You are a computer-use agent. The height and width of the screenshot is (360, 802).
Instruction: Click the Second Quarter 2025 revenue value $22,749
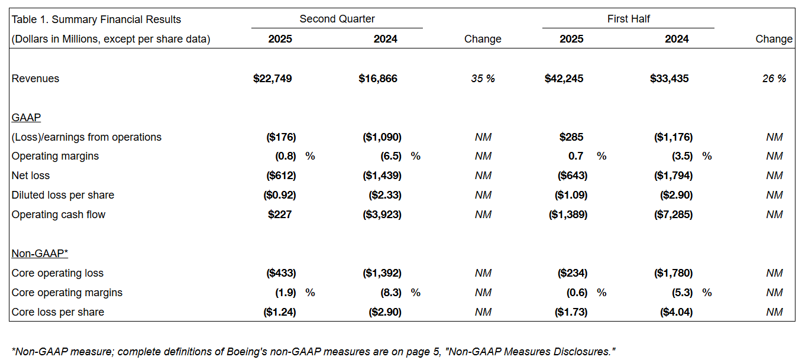point(273,79)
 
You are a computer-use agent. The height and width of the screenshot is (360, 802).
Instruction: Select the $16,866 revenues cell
point(378,79)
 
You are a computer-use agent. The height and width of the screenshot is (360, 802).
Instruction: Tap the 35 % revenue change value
point(483,79)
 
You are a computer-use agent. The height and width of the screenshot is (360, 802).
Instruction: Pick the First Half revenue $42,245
point(564,79)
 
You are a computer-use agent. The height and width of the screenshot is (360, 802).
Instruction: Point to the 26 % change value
point(774,79)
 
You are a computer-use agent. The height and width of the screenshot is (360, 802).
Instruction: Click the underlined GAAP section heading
point(26,118)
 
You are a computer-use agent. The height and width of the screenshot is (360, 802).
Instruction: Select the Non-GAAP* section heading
point(40,254)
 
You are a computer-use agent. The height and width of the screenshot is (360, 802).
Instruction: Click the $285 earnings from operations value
point(571,137)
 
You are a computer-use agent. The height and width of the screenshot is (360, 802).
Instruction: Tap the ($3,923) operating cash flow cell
point(382,215)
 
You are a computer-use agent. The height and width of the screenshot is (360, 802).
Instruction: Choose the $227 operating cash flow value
point(280,215)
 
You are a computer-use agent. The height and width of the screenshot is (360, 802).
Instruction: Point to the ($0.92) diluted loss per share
point(280,195)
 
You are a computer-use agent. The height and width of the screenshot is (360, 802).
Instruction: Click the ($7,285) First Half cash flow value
point(674,215)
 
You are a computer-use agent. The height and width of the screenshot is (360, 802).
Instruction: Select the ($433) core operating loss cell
point(281,273)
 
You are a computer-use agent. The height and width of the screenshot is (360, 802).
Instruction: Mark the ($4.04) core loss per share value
point(677,312)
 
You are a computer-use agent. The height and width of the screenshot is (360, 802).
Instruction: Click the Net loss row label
point(30,176)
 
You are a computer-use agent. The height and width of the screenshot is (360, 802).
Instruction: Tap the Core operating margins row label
point(67,293)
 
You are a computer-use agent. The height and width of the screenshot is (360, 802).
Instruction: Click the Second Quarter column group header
point(337,19)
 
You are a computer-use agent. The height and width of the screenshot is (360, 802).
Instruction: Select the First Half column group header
point(628,19)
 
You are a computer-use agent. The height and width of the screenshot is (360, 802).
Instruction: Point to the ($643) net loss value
point(573,176)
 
